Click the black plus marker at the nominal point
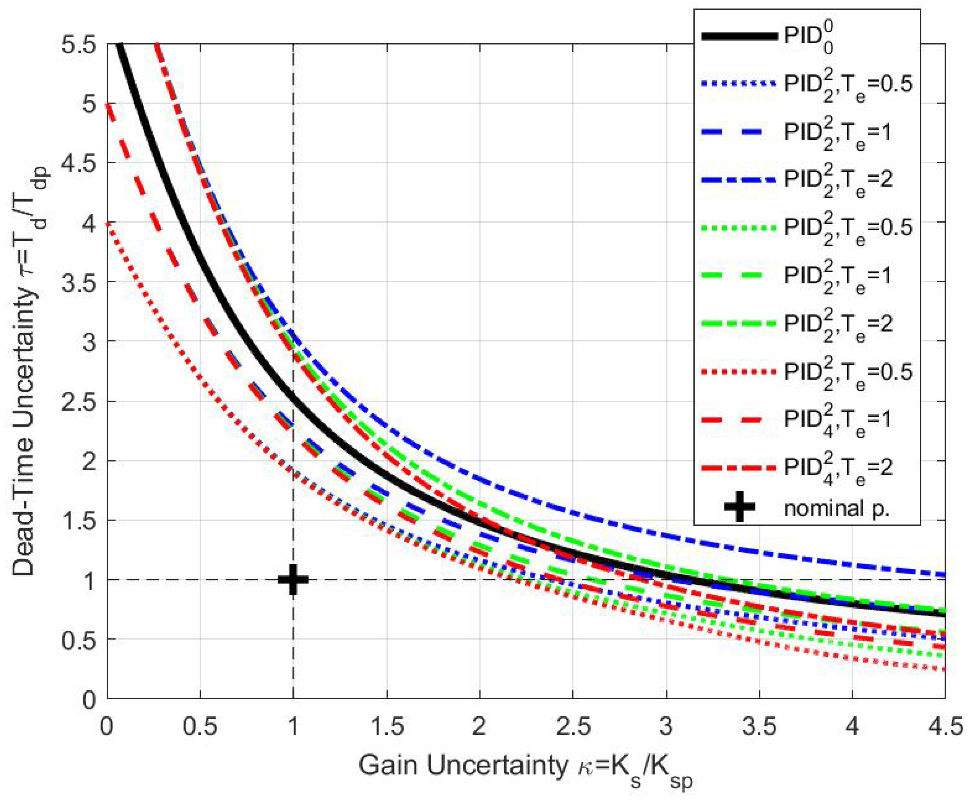(x=293, y=580)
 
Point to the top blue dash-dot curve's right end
(x=944, y=575)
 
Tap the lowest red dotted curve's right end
(x=944, y=669)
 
